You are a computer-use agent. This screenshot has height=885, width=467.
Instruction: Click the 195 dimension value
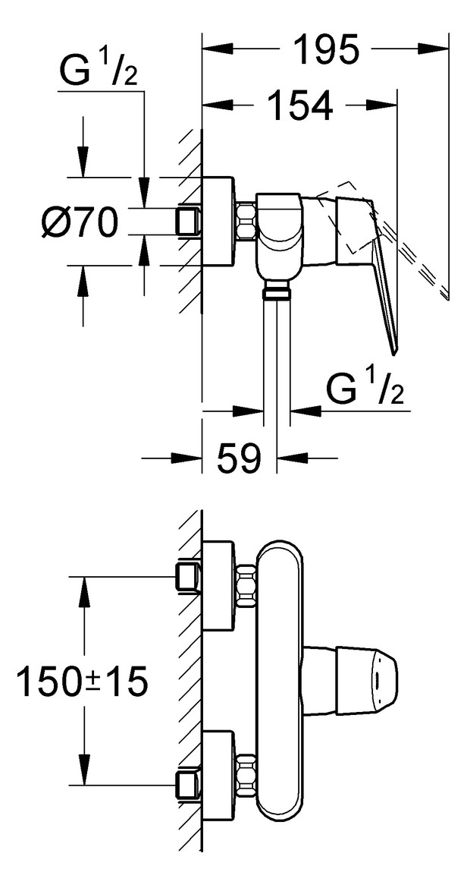point(325,49)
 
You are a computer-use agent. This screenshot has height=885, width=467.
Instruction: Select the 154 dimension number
point(299,106)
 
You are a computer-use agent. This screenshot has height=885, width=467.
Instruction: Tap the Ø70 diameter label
point(80,222)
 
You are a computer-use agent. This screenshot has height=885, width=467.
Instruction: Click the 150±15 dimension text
point(82,681)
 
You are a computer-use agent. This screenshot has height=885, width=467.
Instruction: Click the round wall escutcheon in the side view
point(218,222)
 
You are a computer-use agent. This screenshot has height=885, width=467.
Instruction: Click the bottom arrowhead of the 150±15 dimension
point(85,770)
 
